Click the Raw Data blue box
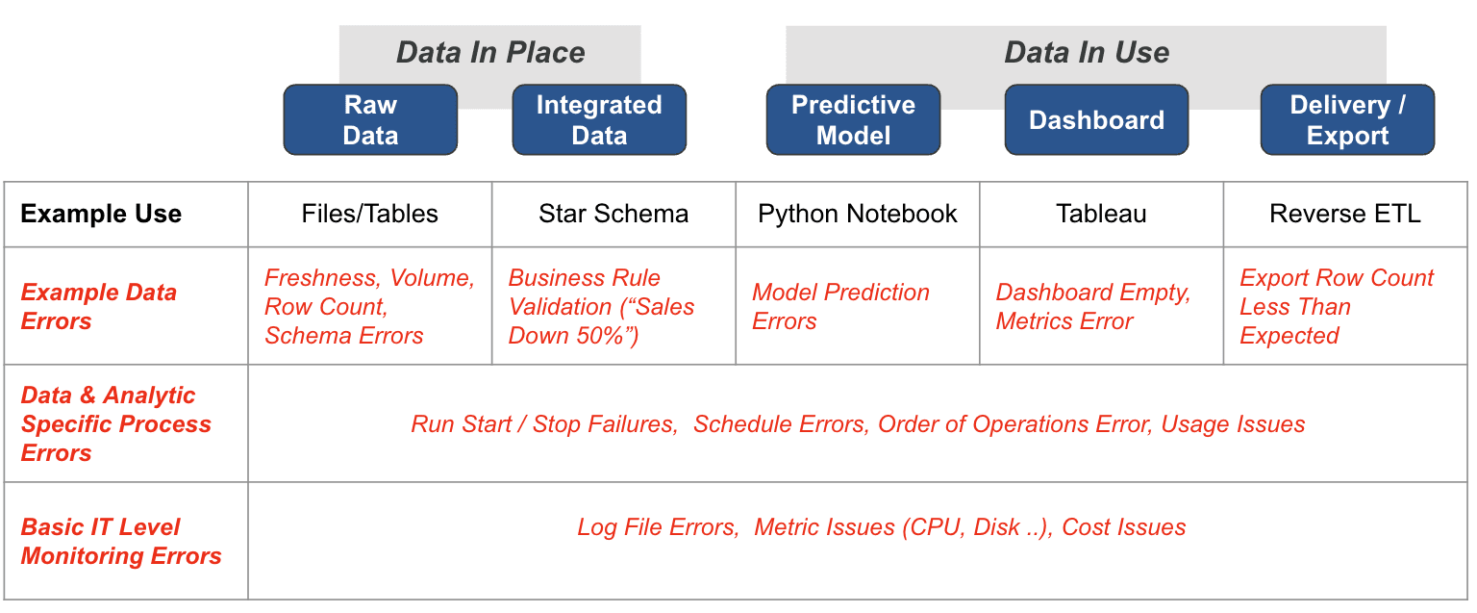(370, 119)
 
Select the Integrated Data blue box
(599, 119)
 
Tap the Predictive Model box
(853, 119)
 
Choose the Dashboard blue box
(1096, 119)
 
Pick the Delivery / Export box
(1348, 119)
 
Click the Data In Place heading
(489, 52)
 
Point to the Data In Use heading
(1087, 52)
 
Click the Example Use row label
(101, 214)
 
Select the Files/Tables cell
(370, 214)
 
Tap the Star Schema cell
(613, 214)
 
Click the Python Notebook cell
(857, 215)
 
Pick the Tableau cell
(1101, 214)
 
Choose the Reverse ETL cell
(1345, 214)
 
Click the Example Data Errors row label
(99, 306)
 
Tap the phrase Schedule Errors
(781, 423)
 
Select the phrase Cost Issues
(1123, 526)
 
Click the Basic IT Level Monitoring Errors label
(121, 541)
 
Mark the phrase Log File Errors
(658, 526)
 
